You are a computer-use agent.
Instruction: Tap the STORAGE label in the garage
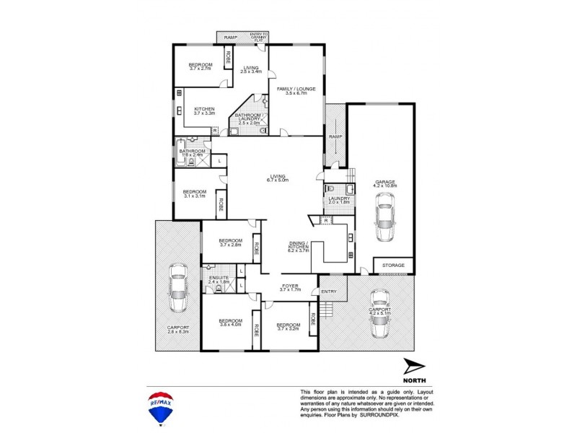(393, 266)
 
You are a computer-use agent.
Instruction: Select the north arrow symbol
(414, 367)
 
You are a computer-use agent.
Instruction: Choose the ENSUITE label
(219, 278)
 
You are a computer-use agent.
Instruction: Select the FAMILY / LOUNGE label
(296, 90)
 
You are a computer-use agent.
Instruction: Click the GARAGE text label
(385, 183)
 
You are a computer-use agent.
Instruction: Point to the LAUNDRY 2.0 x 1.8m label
(338, 200)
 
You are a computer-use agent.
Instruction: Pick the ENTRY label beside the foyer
(329, 292)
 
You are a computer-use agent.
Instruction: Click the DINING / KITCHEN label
(298, 245)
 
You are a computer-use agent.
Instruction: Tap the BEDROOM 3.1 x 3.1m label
(195, 193)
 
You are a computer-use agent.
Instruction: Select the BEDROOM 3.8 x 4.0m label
(230, 323)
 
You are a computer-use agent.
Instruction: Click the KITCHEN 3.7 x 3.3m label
(204, 111)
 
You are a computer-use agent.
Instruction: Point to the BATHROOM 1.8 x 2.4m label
(192, 152)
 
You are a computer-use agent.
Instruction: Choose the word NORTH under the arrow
(415, 380)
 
